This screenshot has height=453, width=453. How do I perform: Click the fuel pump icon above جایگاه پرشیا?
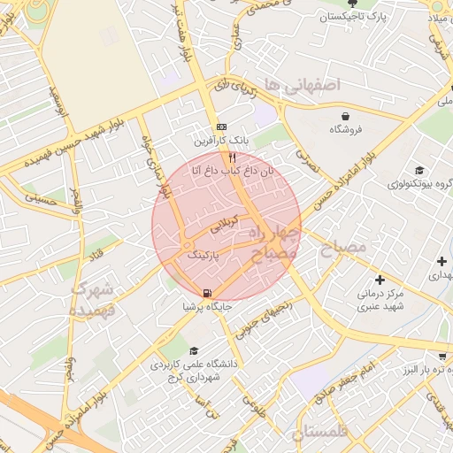(207, 293)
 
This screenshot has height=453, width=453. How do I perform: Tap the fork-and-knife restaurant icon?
(233, 156)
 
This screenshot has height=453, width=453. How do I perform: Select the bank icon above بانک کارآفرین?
(221, 127)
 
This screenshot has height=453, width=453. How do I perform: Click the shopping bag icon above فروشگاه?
(345, 116)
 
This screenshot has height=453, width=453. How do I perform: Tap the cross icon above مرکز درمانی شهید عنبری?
(380, 280)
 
